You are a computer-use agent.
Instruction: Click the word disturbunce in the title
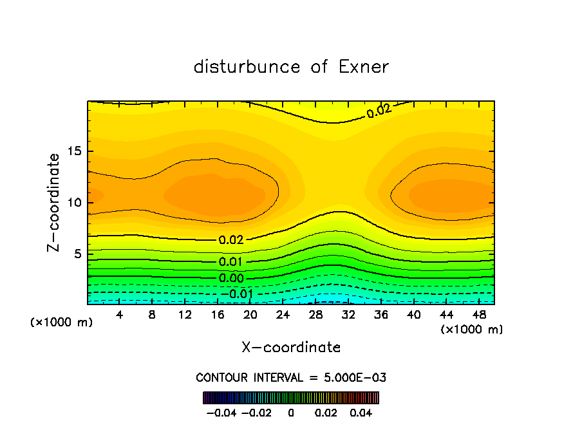click(247, 67)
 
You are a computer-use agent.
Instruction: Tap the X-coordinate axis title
click(291, 347)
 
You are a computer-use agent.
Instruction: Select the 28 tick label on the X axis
click(315, 315)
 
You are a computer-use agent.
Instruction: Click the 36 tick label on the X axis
click(381, 315)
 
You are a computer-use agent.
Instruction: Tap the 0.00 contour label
click(231, 278)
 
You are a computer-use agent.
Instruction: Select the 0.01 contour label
click(231, 262)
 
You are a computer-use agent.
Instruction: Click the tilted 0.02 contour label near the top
click(379, 111)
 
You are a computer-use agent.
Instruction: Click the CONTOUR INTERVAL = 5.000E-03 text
click(291, 377)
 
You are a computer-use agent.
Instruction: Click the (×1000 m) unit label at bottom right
click(472, 330)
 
